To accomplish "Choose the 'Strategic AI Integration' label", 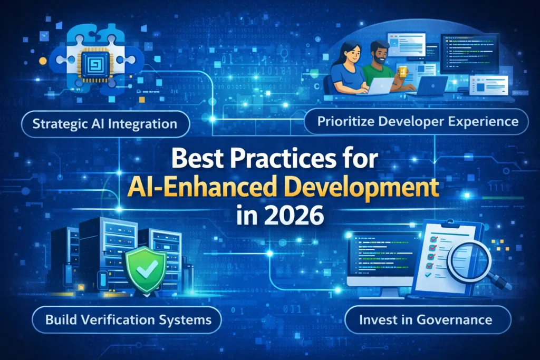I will tap(104, 124).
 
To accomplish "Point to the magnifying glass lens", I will tap(468, 258).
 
